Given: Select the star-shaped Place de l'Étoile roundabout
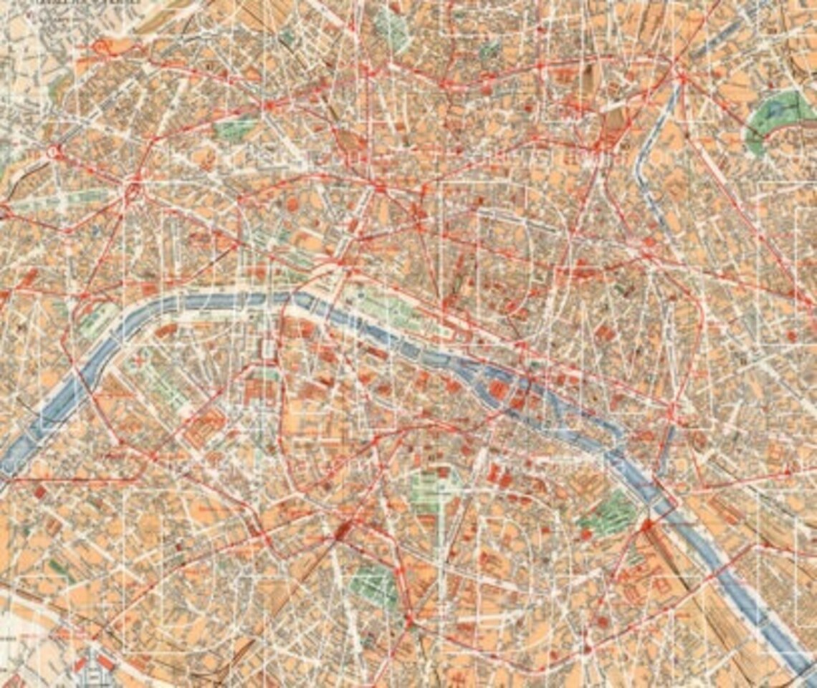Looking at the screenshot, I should click(x=133, y=190).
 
